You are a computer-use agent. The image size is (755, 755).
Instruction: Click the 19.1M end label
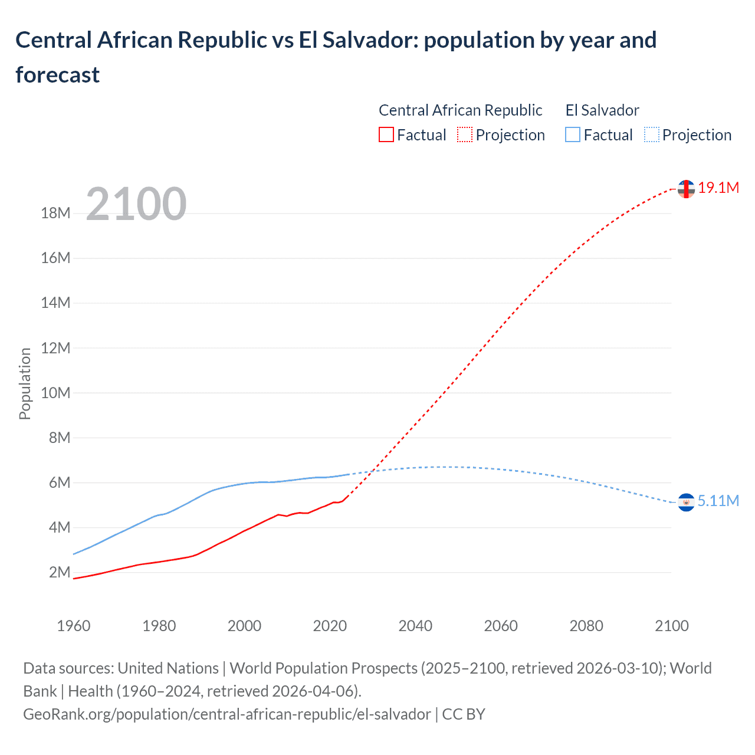[x=718, y=188]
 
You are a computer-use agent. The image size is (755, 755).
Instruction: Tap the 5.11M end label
[x=718, y=501]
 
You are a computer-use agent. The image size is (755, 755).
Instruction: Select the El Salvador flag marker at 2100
[x=686, y=502]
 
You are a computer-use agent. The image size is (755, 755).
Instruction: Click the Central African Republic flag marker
[x=686, y=189]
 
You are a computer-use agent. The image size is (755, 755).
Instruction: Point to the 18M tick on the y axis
[x=55, y=214]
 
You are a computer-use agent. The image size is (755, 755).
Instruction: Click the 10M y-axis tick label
[x=55, y=393]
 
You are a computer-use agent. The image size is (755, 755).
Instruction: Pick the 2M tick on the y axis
[x=60, y=573]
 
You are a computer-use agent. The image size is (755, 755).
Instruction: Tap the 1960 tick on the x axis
[x=74, y=626]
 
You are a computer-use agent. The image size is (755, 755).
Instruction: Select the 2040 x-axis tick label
[x=415, y=626]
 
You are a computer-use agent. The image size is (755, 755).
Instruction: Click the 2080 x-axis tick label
[x=586, y=626]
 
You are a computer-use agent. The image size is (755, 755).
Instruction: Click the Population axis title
[x=25, y=383]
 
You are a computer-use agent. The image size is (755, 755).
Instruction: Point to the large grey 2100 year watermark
[x=136, y=204]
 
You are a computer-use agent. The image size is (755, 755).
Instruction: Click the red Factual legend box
[x=386, y=135]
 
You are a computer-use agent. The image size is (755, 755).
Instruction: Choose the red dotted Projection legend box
[x=465, y=135]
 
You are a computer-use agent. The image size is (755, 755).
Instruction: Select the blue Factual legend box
[x=573, y=135]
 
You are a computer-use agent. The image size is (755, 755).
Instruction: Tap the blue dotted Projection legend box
[x=652, y=135]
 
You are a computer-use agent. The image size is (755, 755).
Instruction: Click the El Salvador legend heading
[x=602, y=110]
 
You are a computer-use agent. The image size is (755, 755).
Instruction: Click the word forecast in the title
[x=58, y=75]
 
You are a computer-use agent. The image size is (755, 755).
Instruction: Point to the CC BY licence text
[x=464, y=714]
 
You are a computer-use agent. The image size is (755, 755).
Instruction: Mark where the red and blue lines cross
[x=372, y=471]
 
